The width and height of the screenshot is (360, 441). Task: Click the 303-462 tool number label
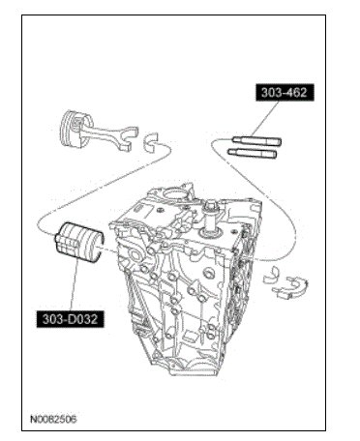pos(285,93)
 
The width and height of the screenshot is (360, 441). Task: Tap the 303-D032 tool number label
pos(71,319)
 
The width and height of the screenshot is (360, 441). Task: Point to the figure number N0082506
pos(53,419)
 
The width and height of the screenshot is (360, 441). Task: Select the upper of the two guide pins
pos(256,141)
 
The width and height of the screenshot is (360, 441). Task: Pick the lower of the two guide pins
pos(253,153)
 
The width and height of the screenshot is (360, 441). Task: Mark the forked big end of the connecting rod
pos(129,139)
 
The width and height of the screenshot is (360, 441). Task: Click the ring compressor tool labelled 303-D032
pos(79,242)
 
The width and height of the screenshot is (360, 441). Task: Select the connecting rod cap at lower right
pos(290,287)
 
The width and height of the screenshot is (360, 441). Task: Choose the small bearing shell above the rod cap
pos(270,275)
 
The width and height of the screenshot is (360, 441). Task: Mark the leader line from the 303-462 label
pos(265,119)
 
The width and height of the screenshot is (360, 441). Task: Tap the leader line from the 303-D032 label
pos(75,285)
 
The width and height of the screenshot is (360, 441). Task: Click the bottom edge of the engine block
pos(194,375)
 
